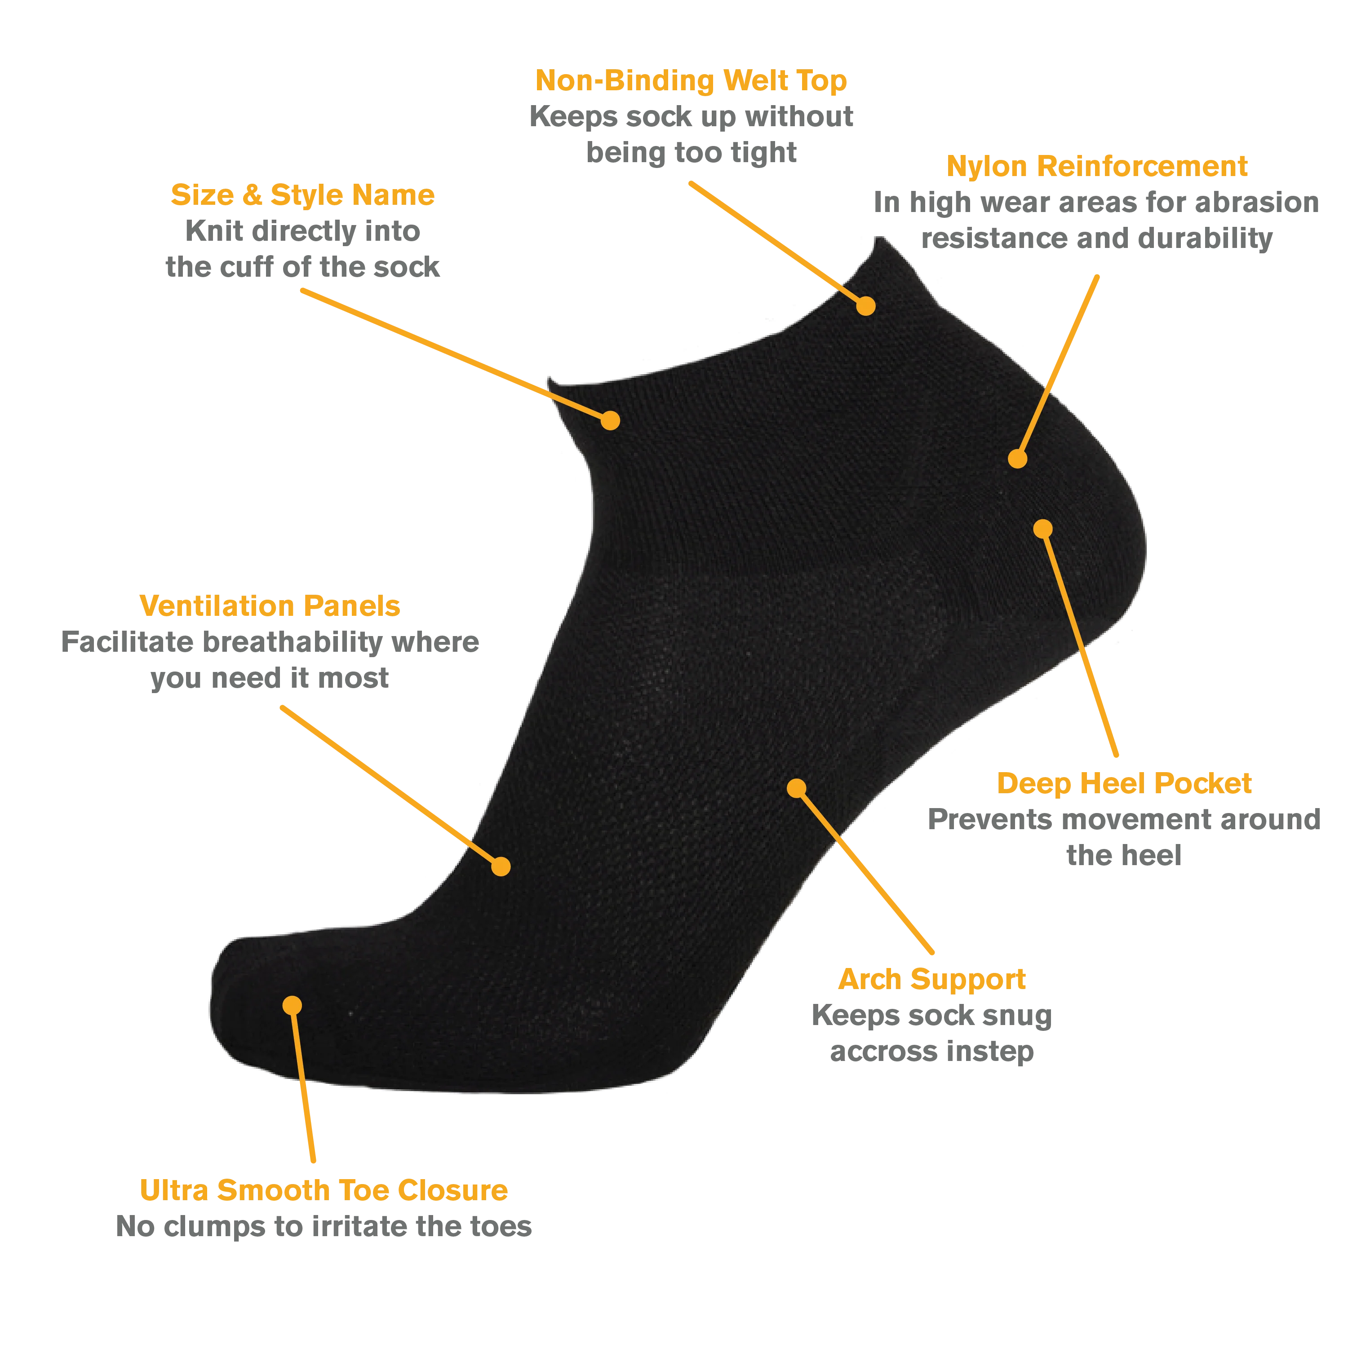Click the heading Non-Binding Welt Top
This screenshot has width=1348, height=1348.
point(691,81)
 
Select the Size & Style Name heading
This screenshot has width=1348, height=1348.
point(302,195)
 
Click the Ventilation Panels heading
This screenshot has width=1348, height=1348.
point(270,606)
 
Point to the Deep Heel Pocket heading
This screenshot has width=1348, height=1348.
point(1124,783)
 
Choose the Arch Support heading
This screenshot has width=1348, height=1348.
point(931,980)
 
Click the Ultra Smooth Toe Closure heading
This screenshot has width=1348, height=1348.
point(324,1190)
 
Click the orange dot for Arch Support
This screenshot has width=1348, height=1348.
point(797,788)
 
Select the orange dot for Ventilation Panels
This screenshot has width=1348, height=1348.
point(501,866)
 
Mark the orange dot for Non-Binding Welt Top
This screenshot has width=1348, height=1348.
point(865,305)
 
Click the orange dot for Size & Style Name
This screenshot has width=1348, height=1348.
point(610,420)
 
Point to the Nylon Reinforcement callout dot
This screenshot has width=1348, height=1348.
point(1018,459)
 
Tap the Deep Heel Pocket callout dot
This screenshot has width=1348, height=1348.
point(1043,528)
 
